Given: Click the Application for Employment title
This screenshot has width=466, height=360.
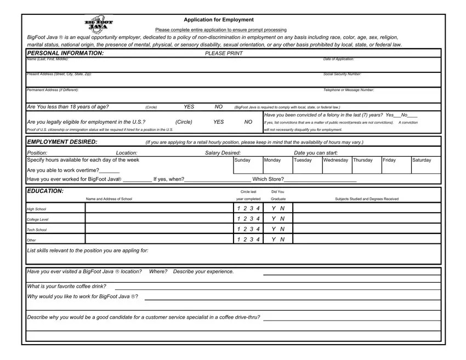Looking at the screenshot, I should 219,20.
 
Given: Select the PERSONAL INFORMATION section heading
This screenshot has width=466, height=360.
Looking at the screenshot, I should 65,53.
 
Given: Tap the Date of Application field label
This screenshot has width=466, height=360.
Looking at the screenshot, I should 338,59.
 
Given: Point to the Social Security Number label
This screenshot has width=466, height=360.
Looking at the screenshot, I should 342,74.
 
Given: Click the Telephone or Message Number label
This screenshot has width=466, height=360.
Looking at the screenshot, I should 349,89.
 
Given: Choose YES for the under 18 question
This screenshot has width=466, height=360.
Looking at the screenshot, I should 189,107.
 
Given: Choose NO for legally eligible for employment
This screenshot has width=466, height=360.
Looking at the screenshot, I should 248,122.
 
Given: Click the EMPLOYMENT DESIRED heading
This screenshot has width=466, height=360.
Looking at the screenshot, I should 62,142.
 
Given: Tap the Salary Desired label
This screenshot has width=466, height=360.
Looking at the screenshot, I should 223,153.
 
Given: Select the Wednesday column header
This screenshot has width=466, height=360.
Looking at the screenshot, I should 336,160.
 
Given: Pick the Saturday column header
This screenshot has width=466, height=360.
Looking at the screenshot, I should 421,160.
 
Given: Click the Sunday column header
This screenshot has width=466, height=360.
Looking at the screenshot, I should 242,160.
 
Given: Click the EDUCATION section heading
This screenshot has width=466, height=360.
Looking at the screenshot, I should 45,191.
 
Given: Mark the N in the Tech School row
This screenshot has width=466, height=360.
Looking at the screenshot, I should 282,229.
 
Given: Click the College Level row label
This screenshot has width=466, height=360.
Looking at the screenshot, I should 38,219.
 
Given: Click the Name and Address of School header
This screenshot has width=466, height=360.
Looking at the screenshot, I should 109,198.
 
